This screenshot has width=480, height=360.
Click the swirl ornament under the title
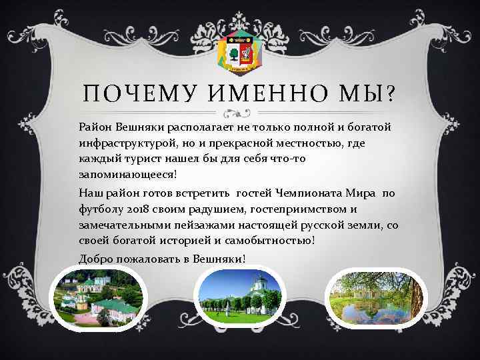tap(241, 111)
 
